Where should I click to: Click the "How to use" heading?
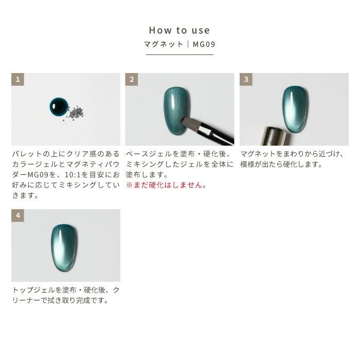[x=179, y=30]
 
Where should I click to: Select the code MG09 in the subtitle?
[x=204, y=44]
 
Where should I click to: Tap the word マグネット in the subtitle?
[x=164, y=44]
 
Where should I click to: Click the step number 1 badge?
[x=17, y=79]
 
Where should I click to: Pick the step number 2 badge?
[x=132, y=79]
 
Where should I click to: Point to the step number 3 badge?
[x=246, y=79]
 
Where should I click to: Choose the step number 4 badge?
[x=17, y=215]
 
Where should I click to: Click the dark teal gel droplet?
[x=59, y=107]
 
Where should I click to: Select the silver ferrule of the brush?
[x=205, y=130]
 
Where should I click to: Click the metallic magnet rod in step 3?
[x=274, y=136]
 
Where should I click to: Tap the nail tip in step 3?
[x=295, y=109]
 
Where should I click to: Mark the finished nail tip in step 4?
[x=64, y=248]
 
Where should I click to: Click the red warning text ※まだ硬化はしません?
[x=166, y=185]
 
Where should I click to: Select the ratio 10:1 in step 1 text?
[x=73, y=175]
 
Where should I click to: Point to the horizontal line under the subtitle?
[x=179, y=55]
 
